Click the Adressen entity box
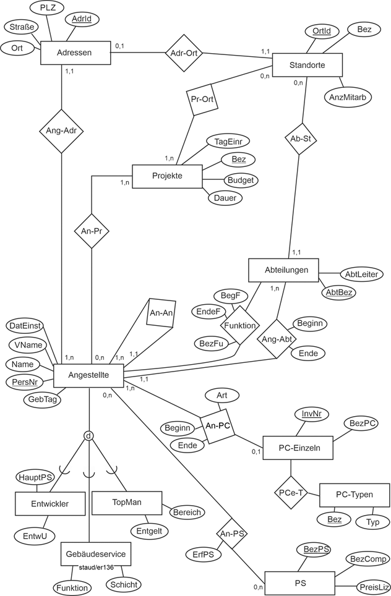point(75,53)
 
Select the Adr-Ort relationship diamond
point(183,53)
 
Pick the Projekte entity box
point(166,176)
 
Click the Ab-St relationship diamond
point(299,139)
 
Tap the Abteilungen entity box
point(283,270)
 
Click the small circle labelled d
point(90,436)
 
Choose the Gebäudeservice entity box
point(95,554)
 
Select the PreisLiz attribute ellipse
point(374,586)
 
